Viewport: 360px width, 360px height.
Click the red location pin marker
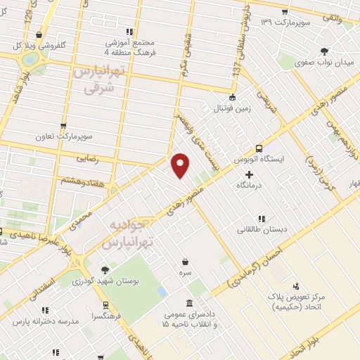pyautogui.click(x=181, y=165)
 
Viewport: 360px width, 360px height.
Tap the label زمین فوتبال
pyautogui.click(x=233, y=110)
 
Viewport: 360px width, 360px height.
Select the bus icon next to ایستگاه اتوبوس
pyautogui.click(x=259, y=148)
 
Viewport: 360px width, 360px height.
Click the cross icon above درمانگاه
pyautogui.click(x=249, y=173)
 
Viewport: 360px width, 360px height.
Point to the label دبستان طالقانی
pyautogui.click(x=261, y=229)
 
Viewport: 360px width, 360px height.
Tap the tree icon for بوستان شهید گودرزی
pyautogui.click(x=105, y=270)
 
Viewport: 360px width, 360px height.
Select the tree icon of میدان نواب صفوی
pyautogui.click(x=323, y=51)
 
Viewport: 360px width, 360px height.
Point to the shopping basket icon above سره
pyautogui.click(x=185, y=261)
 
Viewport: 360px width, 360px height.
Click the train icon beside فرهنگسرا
pyautogui.click(x=105, y=306)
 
